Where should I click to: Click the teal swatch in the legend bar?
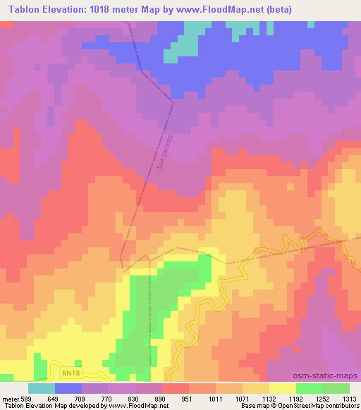pos(42,388)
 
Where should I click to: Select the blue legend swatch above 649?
pos(68,388)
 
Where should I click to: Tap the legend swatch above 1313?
pos(337,388)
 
